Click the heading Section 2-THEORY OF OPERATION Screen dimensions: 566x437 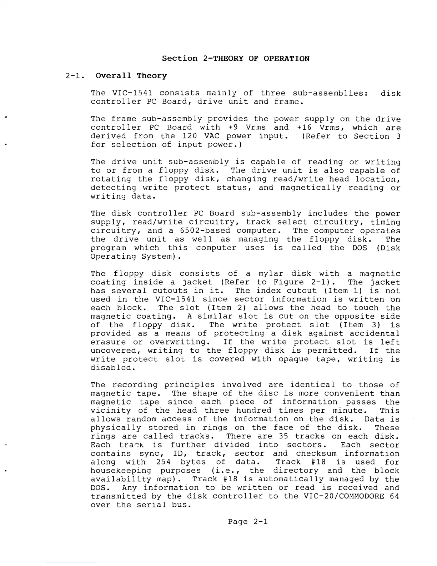(236, 59)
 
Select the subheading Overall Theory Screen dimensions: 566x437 (131, 76)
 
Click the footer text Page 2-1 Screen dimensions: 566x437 (248, 522)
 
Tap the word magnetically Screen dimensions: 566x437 (310, 188)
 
